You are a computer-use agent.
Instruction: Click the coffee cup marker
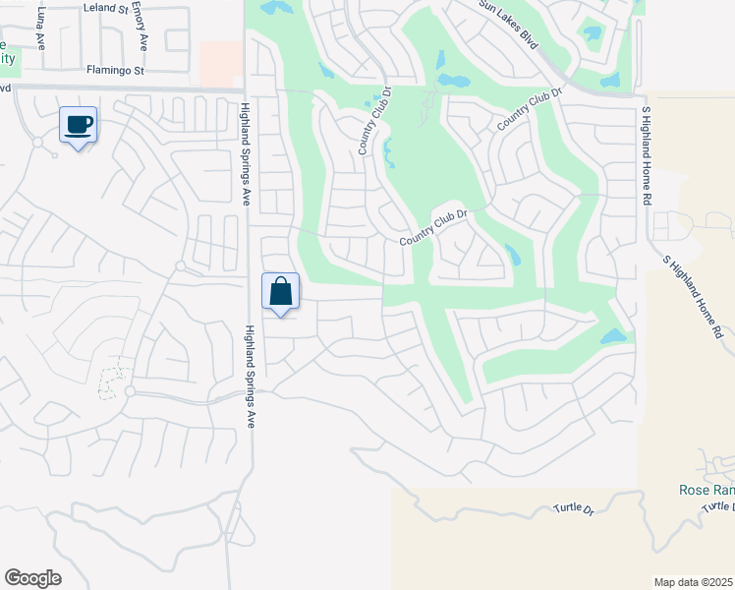(x=78, y=125)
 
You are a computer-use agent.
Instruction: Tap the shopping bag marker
(x=280, y=291)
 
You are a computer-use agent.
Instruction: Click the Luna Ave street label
(x=40, y=29)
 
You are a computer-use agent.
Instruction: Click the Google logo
(x=32, y=578)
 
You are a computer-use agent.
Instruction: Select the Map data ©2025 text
(x=693, y=582)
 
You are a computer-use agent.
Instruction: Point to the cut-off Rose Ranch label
(x=707, y=490)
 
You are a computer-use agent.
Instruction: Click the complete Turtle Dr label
(x=576, y=509)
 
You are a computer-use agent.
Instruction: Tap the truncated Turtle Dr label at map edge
(x=717, y=505)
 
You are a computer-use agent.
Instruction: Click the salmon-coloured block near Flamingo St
(x=221, y=63)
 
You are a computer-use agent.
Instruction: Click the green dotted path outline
(x=113, y=382)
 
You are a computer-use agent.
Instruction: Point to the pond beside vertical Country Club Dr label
(x=389, y=152)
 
